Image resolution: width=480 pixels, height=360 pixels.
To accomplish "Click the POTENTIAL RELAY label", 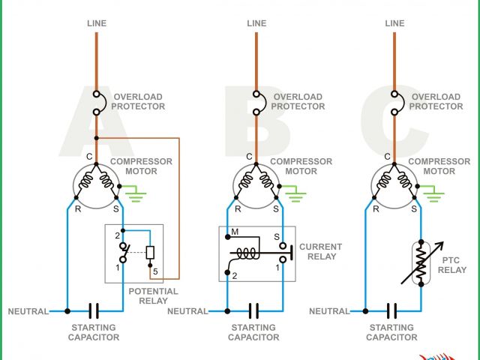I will (153, 296).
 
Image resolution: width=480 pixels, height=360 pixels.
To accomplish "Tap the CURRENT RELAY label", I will (320, 251).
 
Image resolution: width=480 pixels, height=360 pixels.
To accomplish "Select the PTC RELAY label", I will (452, 264).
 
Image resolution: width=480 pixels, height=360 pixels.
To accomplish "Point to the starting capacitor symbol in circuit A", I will (94, 310).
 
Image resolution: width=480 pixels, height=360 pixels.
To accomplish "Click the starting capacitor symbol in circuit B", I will (253, 310).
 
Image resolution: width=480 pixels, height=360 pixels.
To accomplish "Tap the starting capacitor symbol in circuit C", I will (391, 310).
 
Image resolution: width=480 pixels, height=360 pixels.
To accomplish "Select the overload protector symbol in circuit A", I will (97, 103).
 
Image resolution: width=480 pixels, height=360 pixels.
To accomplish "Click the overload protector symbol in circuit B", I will (256, 103).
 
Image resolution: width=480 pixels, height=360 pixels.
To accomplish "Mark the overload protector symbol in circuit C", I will (394, 103).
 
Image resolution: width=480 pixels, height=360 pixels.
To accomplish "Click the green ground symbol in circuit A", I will (135, 196).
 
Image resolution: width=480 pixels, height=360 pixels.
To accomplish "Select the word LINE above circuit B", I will (256, 23).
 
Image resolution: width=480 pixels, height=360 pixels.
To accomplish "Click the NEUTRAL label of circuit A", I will (28, 311).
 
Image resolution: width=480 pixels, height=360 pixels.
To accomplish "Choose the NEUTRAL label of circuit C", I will (329, 311).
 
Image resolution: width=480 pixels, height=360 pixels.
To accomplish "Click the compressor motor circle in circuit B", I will (256, 184).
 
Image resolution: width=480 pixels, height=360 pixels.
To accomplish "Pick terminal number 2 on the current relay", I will (235, 276).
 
